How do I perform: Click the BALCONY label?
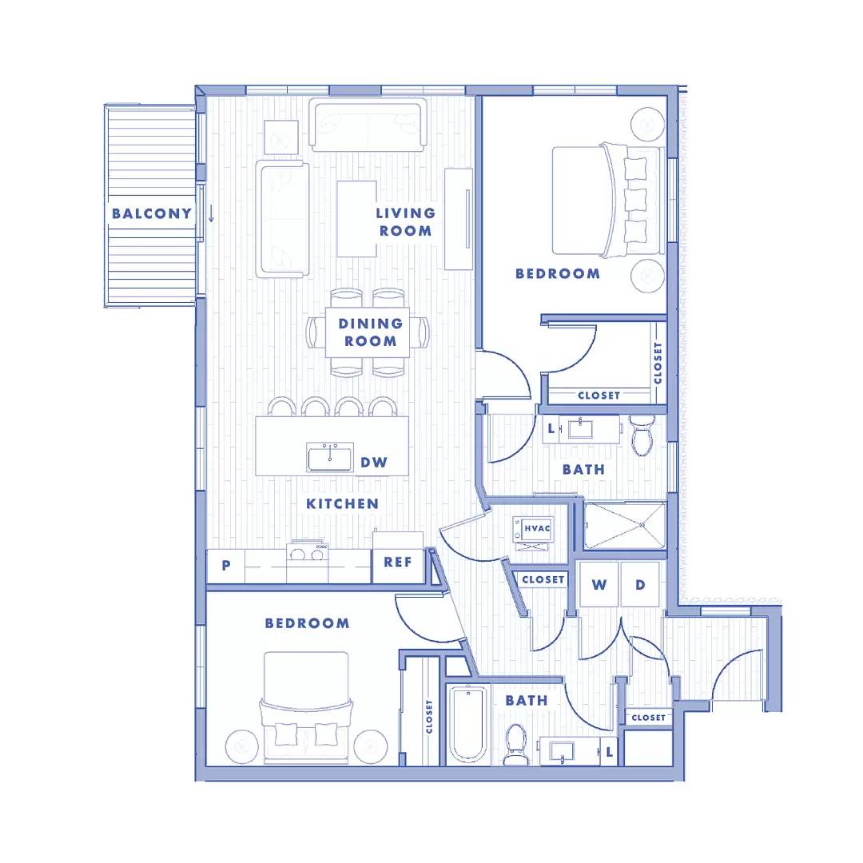tap(151, 213)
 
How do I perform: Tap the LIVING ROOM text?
tap(406, 222)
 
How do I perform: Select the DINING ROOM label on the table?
tap(371, 332)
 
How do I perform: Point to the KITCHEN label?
tap(342, 503)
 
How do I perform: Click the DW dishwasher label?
tap(374, 463)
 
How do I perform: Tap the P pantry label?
tap(225, 565)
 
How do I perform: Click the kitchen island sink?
tap(330, 458)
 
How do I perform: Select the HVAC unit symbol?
tap(533, 533)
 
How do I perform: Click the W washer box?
tap(599, 584)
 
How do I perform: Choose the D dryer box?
tap(640, 584)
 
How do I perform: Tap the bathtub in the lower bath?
tap(467, 725)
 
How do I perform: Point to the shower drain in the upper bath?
tap(642, 526)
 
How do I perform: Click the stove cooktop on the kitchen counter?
tap(308, 551)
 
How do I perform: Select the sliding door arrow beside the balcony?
tap(211, 213)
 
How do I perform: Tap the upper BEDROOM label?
tap(558, 273)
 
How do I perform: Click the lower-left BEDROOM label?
tap(307, 623)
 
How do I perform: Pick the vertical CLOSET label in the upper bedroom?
tap(658, 364)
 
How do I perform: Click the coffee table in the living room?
tap(356, 218)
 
